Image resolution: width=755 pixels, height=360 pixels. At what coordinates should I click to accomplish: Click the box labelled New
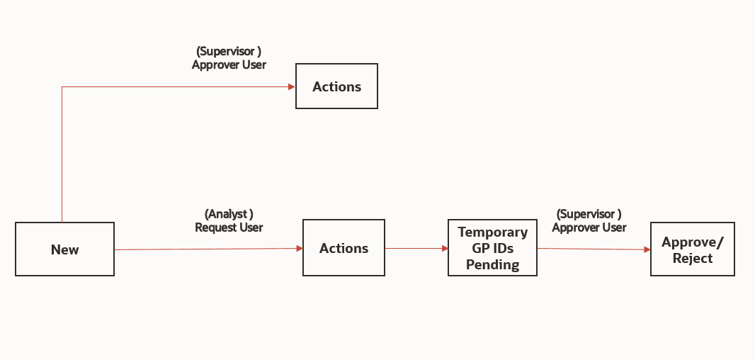pos(64,249)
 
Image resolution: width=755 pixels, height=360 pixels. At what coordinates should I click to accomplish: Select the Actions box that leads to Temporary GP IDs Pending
pos(344,248)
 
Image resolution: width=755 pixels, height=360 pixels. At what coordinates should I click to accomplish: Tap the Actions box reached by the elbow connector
pos(336,86)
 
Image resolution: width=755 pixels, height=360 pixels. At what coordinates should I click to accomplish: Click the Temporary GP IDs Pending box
pos(492,248)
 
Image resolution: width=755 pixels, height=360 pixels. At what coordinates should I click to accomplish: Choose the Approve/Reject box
pos(692,249)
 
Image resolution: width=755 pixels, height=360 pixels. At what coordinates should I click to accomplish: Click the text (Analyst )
pos(229,213)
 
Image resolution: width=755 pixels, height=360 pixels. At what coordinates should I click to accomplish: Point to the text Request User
pos(229,227)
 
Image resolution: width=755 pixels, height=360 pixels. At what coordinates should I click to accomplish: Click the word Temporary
pos(492,232)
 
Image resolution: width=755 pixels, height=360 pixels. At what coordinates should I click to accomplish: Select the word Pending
pos(492,264)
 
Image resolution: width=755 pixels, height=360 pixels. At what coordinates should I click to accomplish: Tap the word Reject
pos(692,258)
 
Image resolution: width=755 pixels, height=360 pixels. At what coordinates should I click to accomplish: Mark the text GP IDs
pos(492,248)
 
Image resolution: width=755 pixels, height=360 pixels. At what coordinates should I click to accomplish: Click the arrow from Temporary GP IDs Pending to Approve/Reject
pos(591,249)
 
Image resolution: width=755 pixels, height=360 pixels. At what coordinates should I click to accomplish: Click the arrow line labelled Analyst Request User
pos(205,249)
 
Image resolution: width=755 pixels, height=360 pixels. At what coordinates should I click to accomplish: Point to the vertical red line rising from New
pos(62,156)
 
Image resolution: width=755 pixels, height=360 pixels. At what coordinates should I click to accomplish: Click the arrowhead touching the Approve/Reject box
pos(647,249)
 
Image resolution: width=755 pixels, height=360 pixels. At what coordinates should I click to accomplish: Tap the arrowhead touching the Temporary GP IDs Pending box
pos(444,249)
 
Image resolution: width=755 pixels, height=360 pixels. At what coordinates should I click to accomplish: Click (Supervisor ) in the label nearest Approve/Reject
pos(589,213)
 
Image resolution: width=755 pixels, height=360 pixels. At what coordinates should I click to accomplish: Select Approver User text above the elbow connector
pos(229,64)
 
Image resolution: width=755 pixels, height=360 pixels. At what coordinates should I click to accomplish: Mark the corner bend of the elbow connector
pos(62,87)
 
